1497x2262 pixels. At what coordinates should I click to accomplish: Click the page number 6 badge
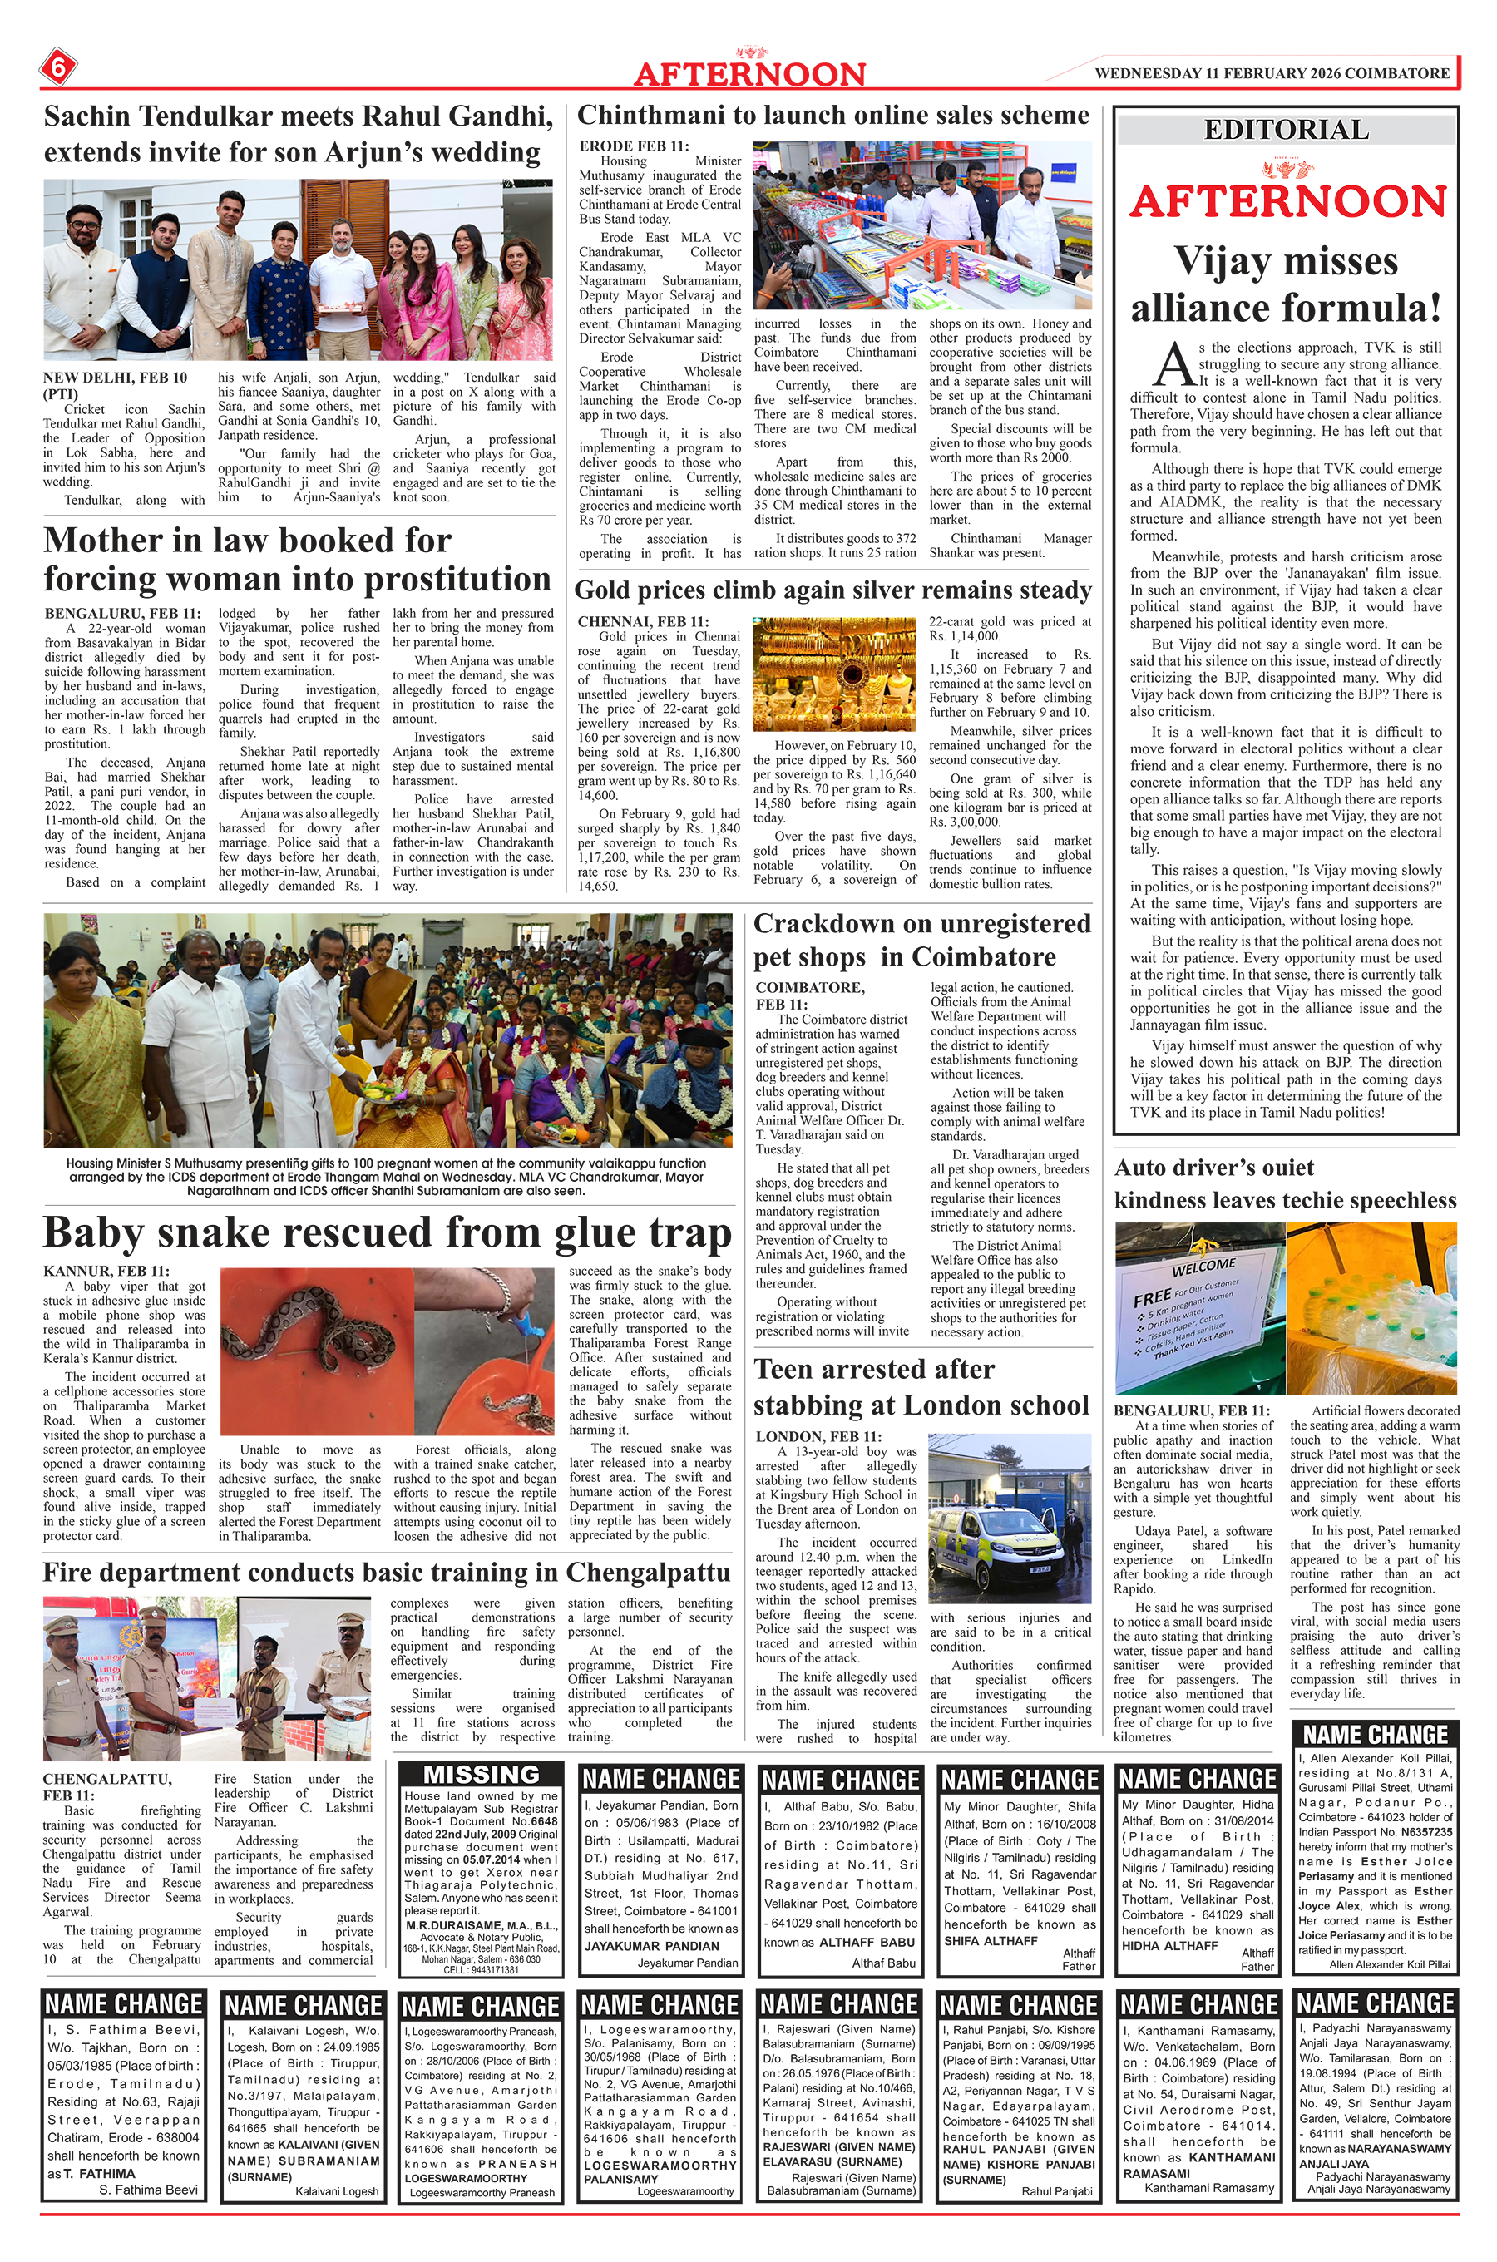pyautogui.click(x=58, y=67)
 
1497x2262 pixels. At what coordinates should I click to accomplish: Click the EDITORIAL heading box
pyautogui.click(x=1286, y=130)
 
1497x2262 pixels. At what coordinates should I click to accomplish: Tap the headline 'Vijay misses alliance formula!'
pyautogui.click(x=1286, y=284)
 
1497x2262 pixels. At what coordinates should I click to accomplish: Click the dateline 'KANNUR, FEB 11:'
pyautogui.click(x=106, y=1272)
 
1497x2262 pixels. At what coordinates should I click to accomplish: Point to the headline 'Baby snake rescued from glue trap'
pyautogui.click(x=387, y=1232)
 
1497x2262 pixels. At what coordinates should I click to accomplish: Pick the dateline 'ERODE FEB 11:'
pyautogui.click(x=633, y=146)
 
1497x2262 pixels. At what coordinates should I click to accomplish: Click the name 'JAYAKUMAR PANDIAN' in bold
pyautogui.click(x=652, y=1945)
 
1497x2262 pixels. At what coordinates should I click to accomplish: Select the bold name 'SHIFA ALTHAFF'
pyautogui.click(x=990, y=1940)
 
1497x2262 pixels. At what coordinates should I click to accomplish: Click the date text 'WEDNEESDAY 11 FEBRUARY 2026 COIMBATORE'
pyautogui.click(x=1272, y=72)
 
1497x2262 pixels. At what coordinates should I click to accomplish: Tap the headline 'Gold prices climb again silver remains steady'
pyautogui.click(x=832, y=590)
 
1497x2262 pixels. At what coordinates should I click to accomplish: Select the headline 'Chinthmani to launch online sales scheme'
pyautogui.click(x=832, y=116)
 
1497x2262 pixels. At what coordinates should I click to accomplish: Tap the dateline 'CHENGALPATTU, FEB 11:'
pyautogui.click(x=107, y=1786)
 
